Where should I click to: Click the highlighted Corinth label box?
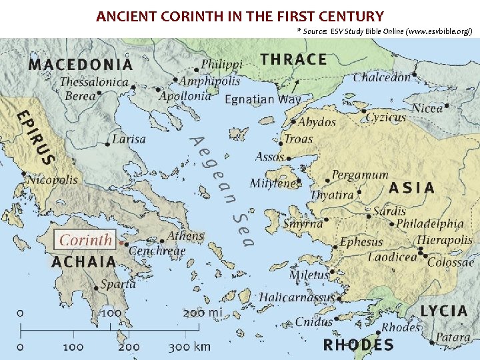[85, 239]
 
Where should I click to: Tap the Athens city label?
[185, 236]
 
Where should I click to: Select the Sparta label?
[118, 283]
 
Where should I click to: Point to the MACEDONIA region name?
[80, 65]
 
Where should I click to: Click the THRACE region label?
[294, 59]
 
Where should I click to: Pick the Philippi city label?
[222, 65]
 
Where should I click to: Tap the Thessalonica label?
[94, 82]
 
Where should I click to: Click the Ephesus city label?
[361, 242]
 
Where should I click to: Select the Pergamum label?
[360, 175]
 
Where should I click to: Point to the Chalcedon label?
[382, 77]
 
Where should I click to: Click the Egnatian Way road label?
[263, 99]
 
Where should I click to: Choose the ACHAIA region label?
[84, 261]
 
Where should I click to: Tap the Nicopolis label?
[52, 179]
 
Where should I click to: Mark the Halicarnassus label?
[297, 297]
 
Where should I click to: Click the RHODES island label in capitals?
[358, 345]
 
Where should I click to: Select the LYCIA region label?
[444, 311]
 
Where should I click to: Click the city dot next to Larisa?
[108, 143]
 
